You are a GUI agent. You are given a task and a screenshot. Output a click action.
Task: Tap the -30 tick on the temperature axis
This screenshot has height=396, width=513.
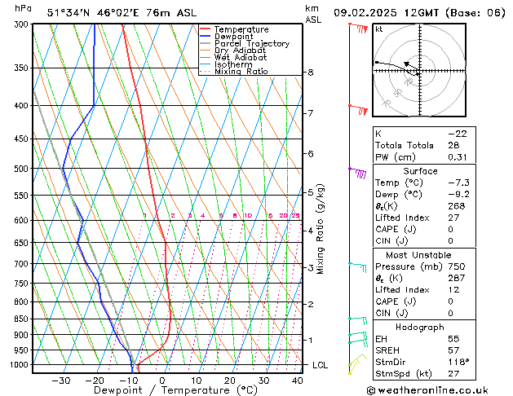coord(61,381)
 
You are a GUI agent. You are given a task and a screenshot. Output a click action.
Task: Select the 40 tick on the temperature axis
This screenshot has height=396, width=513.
coord(298,381)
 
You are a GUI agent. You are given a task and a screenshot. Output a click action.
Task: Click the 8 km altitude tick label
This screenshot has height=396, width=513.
coord(311,73)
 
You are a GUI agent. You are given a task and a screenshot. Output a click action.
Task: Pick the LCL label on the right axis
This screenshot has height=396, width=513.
coord(320,365)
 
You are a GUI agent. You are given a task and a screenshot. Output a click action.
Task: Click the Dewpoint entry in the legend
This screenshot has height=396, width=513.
coord(234,37)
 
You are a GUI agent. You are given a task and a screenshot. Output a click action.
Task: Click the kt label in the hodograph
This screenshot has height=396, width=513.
coord(378,29)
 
